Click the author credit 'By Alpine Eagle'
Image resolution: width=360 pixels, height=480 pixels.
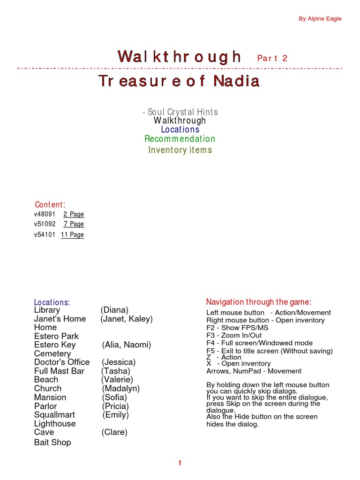pos(320,19)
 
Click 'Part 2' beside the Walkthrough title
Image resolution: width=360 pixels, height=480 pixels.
pos(272,58)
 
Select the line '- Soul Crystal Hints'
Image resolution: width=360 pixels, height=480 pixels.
pos(180,112)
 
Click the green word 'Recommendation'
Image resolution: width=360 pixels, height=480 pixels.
pos(180,139)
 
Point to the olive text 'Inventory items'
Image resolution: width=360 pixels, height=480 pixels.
pos(180,150)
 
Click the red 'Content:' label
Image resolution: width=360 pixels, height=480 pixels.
pos(50,204)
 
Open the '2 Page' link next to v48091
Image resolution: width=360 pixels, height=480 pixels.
pos(74,214)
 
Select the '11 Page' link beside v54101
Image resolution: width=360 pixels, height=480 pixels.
pos(72,235)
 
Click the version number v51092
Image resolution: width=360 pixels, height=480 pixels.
pos(45,224)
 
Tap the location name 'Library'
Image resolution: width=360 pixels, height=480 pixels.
pos(47,310)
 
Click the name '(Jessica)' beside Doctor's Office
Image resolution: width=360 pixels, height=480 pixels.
pos(119,362)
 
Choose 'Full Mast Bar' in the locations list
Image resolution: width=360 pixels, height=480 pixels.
pos(59,371)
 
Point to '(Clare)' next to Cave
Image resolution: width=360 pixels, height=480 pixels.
pos(114,432)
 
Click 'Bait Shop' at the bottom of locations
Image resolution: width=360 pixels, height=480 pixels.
pos(52,442)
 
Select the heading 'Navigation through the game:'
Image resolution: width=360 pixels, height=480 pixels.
pos(259,302)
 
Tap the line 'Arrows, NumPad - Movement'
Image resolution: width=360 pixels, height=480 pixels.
pos(254,371)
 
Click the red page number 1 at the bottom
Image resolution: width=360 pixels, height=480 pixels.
pos(180,463)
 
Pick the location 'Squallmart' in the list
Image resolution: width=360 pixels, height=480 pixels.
pos(54,415)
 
